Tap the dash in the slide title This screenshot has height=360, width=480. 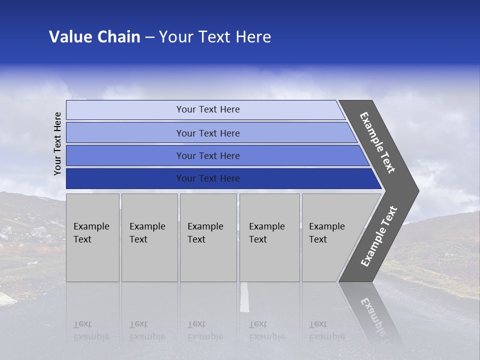(x=149, y=37)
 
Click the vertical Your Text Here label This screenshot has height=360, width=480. (x=57, y=143)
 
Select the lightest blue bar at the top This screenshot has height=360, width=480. (x=208, y=109)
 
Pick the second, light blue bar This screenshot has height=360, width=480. (x=208, y=133)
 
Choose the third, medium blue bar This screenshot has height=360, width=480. (x=208, y=155)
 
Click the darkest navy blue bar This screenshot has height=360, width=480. (x=208, y=178)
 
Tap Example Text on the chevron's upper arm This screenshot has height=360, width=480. (x=377, y=142)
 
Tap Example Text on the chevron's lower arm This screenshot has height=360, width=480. (x=379, y=236)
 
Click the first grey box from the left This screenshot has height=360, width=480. (x=92, y=237)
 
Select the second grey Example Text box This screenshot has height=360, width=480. (x=149, y=237)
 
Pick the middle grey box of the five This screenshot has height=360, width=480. (x=208, y=237)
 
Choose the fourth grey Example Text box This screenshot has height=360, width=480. (x=269, y=237)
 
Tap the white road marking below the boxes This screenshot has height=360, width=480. (x=244, y=297)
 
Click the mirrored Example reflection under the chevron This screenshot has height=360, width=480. (x=372, y=317)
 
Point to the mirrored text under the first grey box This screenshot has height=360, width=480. (x=91, y=330)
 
